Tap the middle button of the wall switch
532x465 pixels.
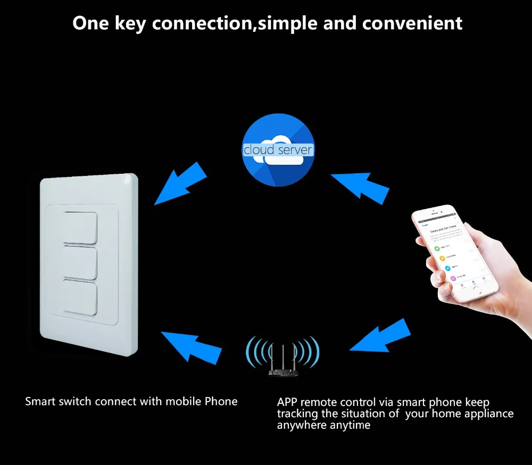click(x=81, y=262)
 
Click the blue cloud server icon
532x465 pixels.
click(x=278, y=150)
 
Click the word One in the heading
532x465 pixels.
click(x=90, y=23)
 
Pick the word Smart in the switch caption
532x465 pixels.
click(x=39, y=401)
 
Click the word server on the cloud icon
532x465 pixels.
click(x=295, y=150)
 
